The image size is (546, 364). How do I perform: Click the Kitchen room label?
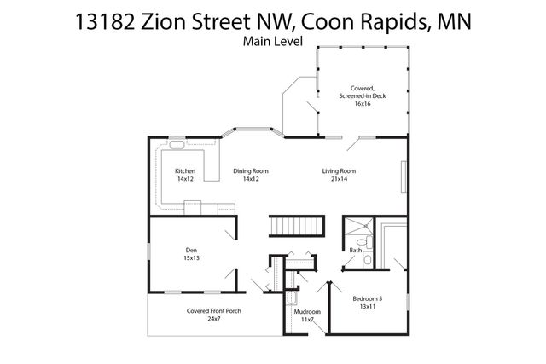click(185, 170)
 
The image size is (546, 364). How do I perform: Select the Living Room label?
click(339, 170)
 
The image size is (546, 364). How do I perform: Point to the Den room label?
click(190, 250)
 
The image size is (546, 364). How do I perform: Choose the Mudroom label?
click(307, 312)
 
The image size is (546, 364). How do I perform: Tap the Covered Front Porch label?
click(214, 311)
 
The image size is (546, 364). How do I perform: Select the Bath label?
click(355, 250)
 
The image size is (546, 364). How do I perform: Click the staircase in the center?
click(299, 226)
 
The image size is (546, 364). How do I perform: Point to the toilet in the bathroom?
click(362, 244)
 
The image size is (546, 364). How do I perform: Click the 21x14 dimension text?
click(339, 179)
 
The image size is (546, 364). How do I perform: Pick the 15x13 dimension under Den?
click(190, 257)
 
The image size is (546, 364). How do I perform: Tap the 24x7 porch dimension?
click(214, 319)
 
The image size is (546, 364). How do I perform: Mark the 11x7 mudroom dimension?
click(307, 320)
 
